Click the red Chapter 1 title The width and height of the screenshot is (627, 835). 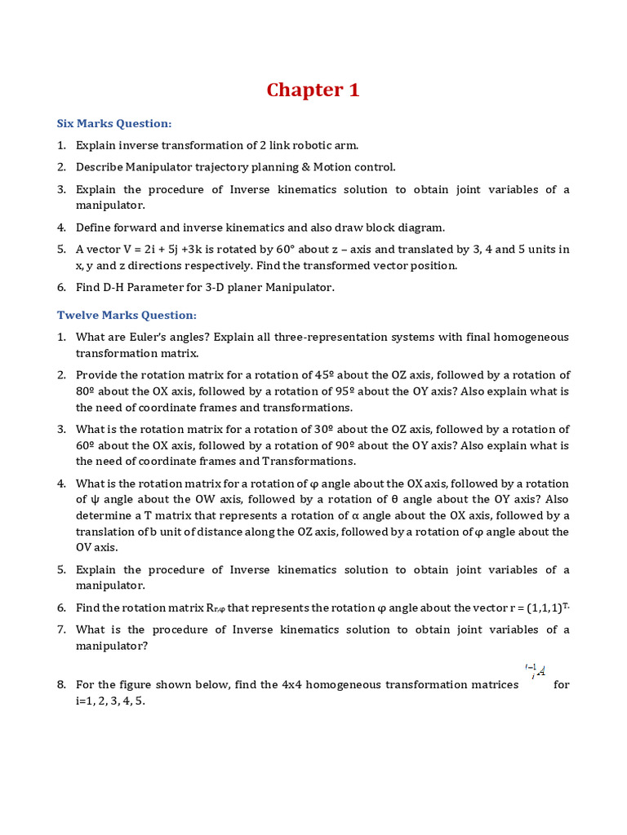313,90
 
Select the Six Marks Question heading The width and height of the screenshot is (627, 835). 114,123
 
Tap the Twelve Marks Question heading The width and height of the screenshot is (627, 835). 127,315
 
